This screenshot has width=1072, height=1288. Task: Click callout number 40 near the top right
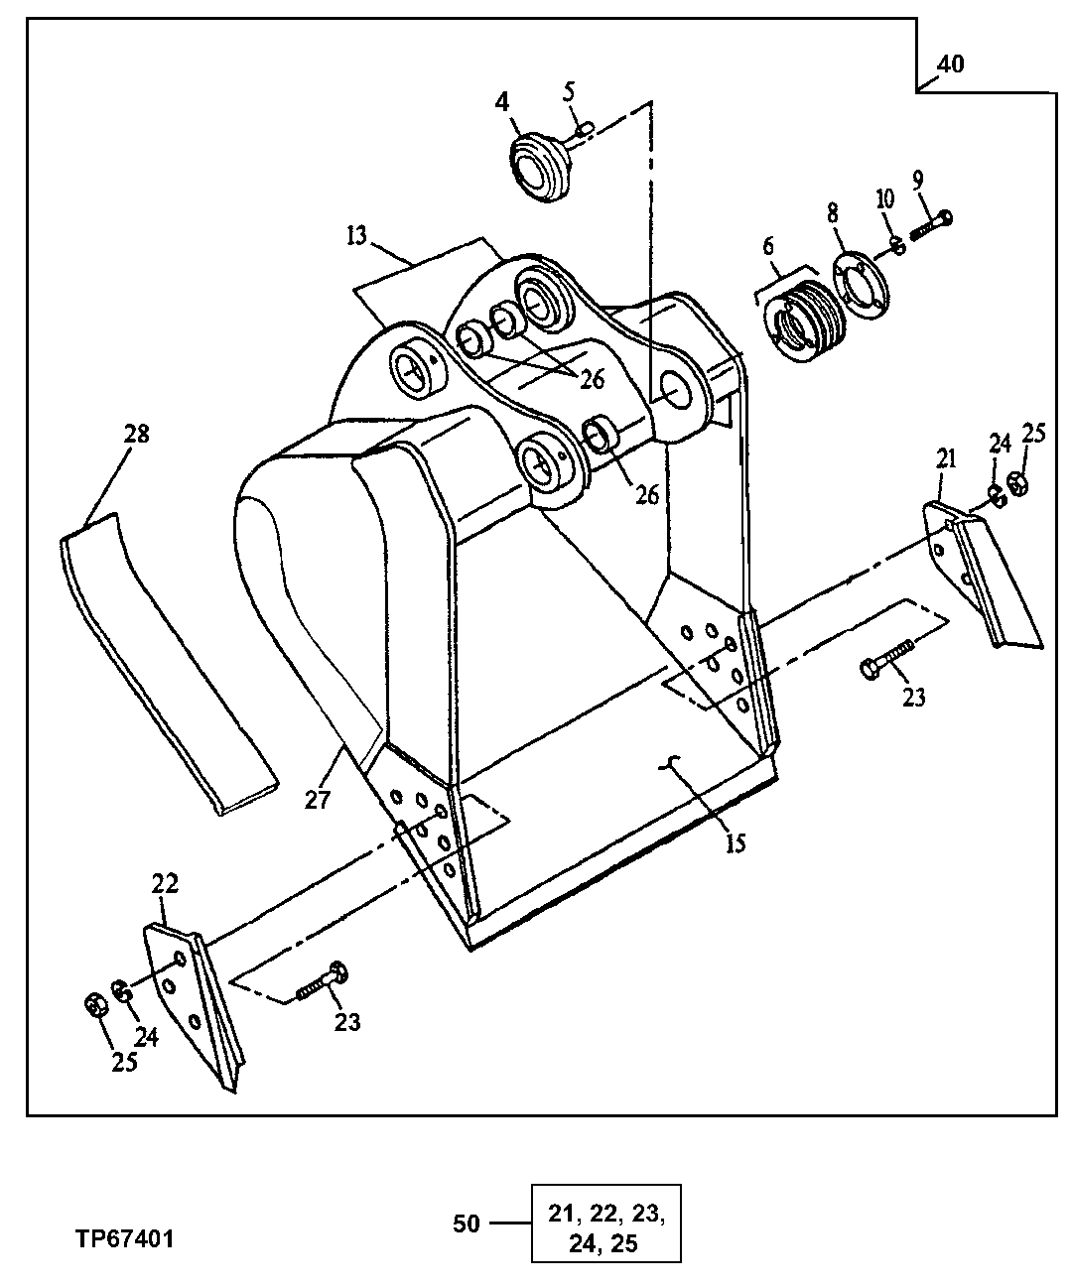point(949,65)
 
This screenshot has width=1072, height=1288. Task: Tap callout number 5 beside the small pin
point(569,92)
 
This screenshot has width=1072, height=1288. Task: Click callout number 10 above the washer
point(884,198)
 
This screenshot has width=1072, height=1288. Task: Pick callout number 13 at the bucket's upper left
point(357,236)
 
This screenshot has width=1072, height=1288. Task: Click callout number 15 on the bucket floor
point(735,843)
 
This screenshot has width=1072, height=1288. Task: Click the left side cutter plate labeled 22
point(194,1002)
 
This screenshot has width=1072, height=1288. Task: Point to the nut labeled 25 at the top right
point(1016,484)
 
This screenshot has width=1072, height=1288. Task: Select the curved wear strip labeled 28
point(164,655)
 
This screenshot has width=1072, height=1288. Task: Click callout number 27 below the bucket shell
point(317,799)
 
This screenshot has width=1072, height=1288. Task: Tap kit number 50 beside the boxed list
point(466,1224)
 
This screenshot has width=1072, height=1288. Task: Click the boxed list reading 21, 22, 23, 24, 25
point(605,1224)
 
